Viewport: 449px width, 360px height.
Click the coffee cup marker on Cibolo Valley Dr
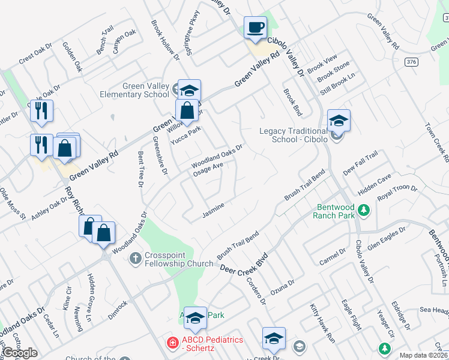click(256, 28)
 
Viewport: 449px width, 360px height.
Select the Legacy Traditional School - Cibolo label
click(293, 136)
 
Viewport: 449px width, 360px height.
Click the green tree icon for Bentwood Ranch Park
click(363, 210)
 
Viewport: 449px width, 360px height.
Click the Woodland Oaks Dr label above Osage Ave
click(217, 155)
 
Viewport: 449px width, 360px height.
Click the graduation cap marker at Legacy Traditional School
click(339, 121)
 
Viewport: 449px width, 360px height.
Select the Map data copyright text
click(424, 355)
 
